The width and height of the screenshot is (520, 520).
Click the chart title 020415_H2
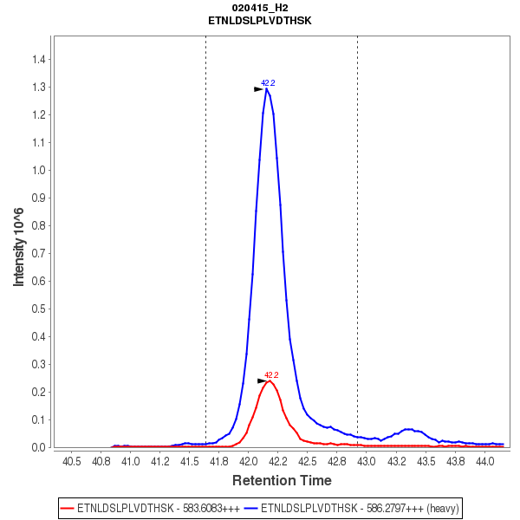pyautogui.click(x=260, y=7)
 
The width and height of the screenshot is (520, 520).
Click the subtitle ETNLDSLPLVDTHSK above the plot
pyautogui.click(x=260, y=19)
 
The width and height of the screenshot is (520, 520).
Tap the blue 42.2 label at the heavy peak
pyautogui.click(x=268, y=83)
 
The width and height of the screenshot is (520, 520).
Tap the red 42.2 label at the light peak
pyautogui.click(x=271, y=375)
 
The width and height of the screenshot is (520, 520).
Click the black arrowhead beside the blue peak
pyautogui.click(x=258, y=89)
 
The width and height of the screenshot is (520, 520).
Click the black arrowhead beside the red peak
pyautogui.click(x=262, y=380)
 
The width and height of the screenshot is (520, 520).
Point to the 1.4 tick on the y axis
pyautogui.click(x=38, y=60)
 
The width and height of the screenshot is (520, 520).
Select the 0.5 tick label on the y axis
pyautogui.click(x=38, y=309)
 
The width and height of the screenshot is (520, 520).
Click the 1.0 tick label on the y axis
pyautogui.click(x=38, y=171)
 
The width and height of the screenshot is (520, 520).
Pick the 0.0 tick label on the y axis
pyautogui.click(x=38, y=448)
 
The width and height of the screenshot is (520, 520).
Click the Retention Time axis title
pyautogui.click(x=281, y=480)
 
